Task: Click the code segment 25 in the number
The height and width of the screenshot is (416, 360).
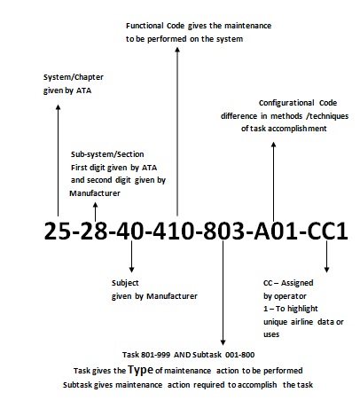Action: [x=58, y=231]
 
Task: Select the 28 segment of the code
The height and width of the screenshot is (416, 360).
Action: [x=94, y=231]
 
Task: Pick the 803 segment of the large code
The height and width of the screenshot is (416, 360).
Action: [x=223, y=231]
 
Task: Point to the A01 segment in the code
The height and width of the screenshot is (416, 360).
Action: [x=276, y=231]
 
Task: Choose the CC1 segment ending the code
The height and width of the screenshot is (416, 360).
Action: [x=327, y=231]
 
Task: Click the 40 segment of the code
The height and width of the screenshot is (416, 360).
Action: [x=130, y=231]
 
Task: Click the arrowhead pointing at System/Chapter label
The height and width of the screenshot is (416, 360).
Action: [x=59, y=107]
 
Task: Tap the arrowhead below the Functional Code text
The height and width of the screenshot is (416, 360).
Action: [x=177, y=50]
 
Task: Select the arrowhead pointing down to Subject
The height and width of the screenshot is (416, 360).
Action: [x=132, y=270]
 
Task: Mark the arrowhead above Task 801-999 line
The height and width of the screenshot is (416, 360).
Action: [x=223, y=342]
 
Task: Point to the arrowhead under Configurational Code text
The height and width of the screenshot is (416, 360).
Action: [x=274, y=145]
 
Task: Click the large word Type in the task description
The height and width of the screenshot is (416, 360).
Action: [x=141, y=370]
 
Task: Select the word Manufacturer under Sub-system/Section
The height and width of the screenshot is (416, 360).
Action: [x=95, y=193]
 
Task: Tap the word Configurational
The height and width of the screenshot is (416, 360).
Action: [x=286, y=103]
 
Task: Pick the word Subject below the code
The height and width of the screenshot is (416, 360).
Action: [x=125, y=283]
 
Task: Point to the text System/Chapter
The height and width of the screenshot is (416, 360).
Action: [x=74, y=77]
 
